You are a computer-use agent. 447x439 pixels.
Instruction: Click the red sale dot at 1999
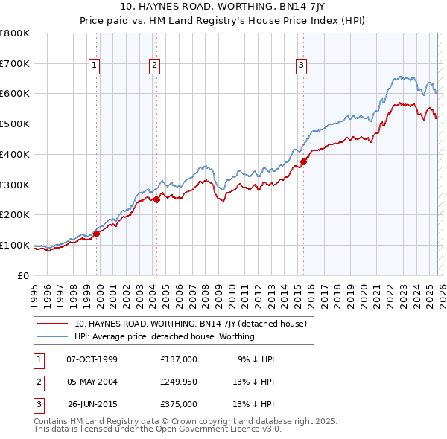point(97,234)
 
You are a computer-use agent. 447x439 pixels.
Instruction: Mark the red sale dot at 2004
point(157,199)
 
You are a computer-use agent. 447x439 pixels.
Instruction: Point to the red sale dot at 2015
point(304,161)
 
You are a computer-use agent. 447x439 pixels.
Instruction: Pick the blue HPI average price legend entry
point(164,336)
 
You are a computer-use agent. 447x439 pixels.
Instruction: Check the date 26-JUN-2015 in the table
point(92,404)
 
